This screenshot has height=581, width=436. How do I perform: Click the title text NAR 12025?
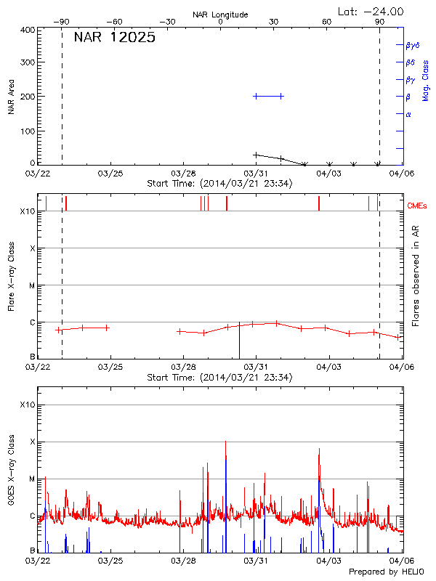tap(114, 38)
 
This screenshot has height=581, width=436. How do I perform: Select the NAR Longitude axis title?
tap(220, 14)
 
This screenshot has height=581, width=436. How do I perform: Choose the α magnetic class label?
tap(408, 114)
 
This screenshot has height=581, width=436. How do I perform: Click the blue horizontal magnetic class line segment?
tap(268, 96)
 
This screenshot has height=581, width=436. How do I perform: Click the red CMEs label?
tap(417, 206)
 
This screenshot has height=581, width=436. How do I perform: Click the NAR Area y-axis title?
tap(12, 97)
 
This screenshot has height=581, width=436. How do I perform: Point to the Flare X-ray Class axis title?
tap(12, 276)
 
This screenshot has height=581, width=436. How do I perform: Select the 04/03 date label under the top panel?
tap(329, 174)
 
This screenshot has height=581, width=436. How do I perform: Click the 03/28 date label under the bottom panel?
tap(183, 561)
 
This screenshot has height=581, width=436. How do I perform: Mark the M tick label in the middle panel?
tap(32, 285)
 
